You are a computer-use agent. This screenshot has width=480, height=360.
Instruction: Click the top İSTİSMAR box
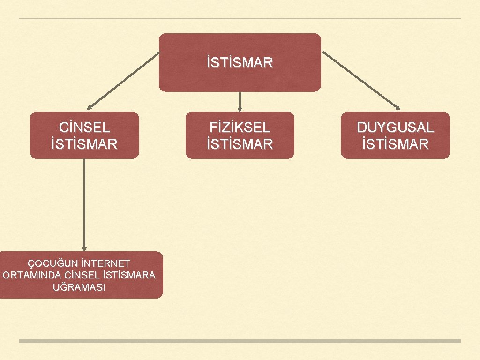tap(240, 62)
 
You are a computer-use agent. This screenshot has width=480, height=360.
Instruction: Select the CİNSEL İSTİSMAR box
tap(84, 135)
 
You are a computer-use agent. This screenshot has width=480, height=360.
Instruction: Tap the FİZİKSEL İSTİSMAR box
tap(240, 135)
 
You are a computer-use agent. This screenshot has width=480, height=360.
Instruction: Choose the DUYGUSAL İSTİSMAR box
tap(395, 135)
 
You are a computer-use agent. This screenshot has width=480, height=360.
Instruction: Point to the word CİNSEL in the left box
tap(84, 127)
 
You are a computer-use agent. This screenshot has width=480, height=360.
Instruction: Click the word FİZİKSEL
tap(240, 127)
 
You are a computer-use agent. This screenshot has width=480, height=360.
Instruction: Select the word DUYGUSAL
tap(395, 127)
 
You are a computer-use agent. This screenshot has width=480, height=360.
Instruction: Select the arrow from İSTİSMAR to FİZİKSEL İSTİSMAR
tap(240, 101)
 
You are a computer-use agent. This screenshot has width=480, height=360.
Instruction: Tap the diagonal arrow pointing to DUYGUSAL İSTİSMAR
tap(361, 80)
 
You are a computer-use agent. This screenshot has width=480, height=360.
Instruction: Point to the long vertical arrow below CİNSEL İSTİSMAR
tap(84, 204)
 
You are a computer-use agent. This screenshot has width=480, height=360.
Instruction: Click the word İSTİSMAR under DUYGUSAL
tap(395, 143)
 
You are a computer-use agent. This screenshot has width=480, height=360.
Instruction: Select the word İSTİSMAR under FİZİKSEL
tap(240, 143)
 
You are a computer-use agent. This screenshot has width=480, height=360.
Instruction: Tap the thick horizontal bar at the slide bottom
tap(240, 341)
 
